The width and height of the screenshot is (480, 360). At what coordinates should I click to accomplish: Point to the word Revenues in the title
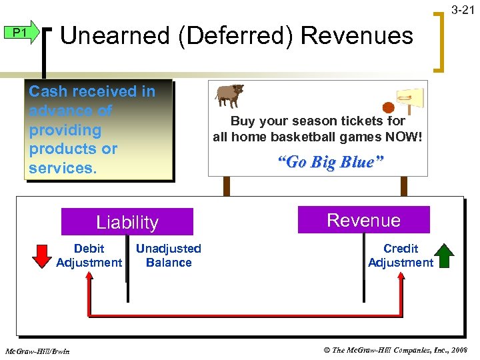coord(357,35)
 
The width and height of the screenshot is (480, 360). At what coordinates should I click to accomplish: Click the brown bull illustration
coord(229,95)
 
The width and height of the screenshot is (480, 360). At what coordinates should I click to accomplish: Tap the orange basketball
coord(388,107)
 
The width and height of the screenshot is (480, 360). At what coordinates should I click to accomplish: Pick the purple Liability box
coord(127,222)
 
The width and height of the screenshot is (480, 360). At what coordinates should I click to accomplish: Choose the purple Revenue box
coord(363,220)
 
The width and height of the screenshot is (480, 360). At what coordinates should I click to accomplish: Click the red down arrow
coord(43,255)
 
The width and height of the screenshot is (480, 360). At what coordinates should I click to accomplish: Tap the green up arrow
coord(444,255)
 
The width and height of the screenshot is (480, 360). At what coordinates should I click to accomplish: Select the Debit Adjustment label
coord(89,255)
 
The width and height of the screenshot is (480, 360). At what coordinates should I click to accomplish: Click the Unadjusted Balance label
coord(168,255)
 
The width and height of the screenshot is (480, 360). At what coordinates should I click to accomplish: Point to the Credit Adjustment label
coord(401,255)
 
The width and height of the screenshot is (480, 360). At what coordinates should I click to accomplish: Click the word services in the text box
coord(61,167)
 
